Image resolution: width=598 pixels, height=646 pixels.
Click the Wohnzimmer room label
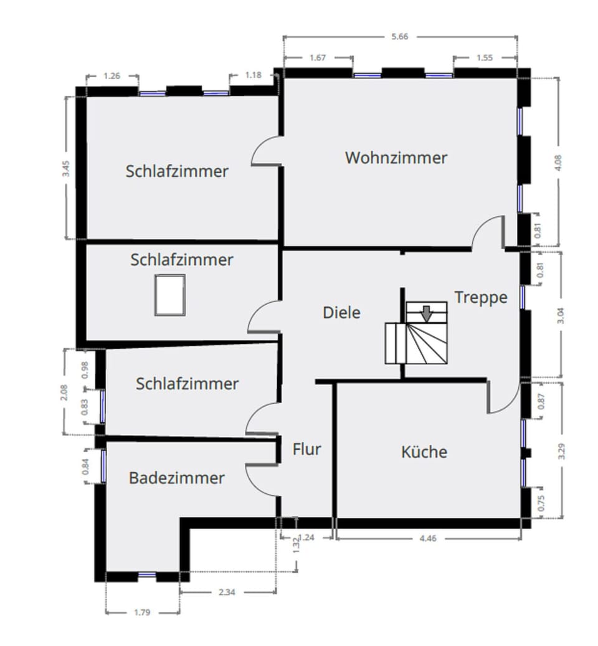click(x=396, y=158)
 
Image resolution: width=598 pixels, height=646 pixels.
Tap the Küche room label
click(x=424, y=451)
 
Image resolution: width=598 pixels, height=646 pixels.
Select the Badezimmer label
click(x=176, y=478)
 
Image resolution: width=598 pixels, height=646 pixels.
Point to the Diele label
click(x=341, y=312)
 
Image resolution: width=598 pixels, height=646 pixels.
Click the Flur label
click(x=306, y=449)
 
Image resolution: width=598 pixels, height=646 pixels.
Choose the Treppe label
click(x=480, y=297)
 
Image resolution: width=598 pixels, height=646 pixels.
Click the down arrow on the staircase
click(x=426, y=313)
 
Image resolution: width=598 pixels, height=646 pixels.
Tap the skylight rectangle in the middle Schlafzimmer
click(x=170, y=295)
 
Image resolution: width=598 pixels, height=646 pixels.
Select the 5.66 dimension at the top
click(x=399, y=37)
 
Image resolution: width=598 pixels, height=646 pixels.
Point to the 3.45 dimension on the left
click(x=67, y=169)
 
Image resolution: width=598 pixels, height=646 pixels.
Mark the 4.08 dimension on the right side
click(x=558, y=162)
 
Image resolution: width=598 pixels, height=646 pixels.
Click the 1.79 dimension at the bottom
click(x=142, y=612)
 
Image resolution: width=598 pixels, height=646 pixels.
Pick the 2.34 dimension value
click(x=227, y=592)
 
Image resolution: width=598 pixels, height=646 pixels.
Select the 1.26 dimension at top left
click(x=112, y=76)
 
